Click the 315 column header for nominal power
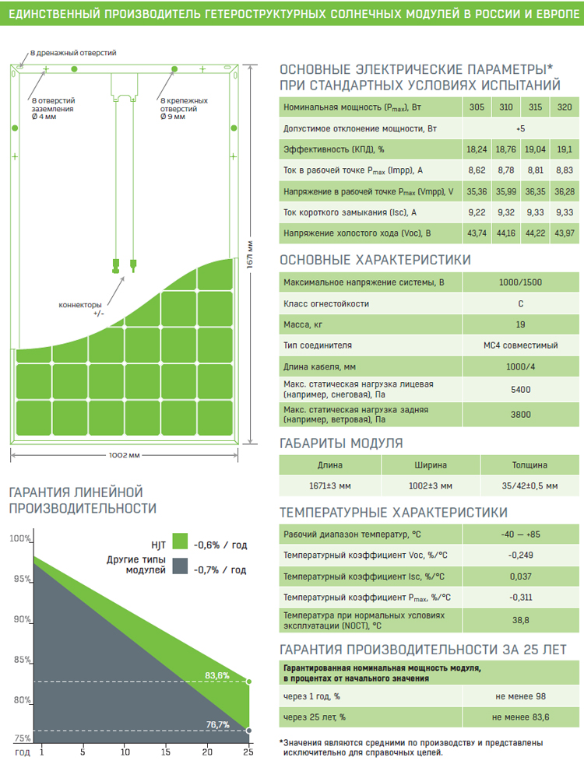click(x=536, y=107)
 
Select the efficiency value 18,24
click(x=477, y=149)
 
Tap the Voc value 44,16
click(x=506, y=233)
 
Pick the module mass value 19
click(x=520, y=324)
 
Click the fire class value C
click(x=520, y=303)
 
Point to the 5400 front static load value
click(x=520, y=390)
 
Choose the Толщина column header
click(x=529, y=465)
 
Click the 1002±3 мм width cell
click(x=431, y=485)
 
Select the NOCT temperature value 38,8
click(x=520, y=620)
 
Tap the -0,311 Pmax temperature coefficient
click(x=520, y=598)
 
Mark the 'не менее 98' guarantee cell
click(x=520, y=696)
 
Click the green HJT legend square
click(x=180, y=541)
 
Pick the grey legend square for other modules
click(x=180, y=566)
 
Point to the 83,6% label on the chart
click(x=217, y=676)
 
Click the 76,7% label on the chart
click(x=217, y=725)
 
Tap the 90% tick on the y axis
click(x=23, y=619)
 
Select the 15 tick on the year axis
click(x=165, y=752)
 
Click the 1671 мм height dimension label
click(x=250, y=254)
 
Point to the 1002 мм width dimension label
click(x=124, y=455)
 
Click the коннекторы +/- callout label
click(x=81, y=309)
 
